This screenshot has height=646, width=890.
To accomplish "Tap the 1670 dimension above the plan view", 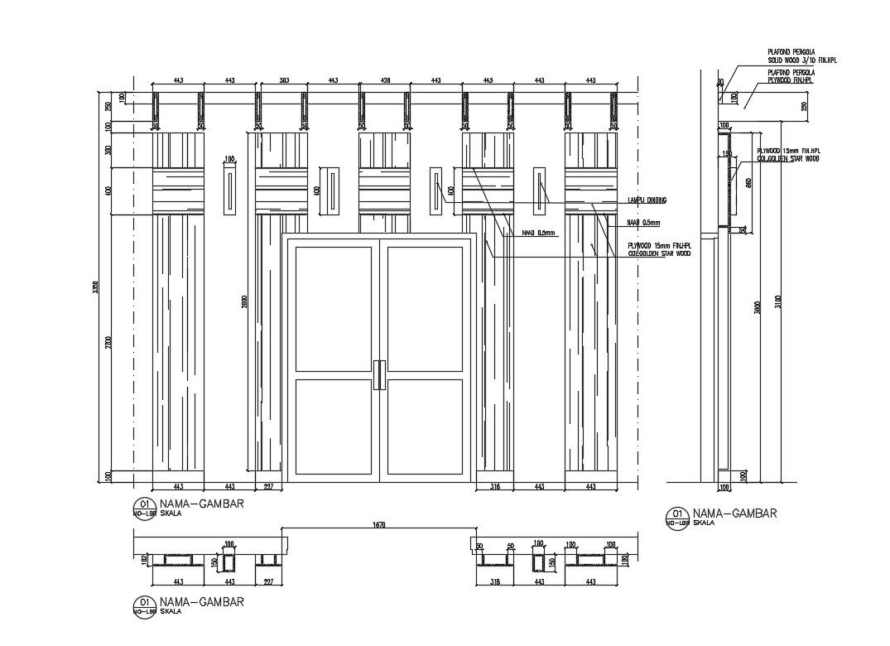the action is (379, 525).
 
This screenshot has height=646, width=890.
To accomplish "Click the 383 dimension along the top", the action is (283, 80).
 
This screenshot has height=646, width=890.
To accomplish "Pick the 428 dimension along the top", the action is (384, 80).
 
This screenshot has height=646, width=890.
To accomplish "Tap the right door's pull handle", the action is (383, 374).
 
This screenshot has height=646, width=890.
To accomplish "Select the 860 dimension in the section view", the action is (747, 184).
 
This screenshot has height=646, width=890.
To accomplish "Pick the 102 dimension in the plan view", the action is (143, 560).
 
